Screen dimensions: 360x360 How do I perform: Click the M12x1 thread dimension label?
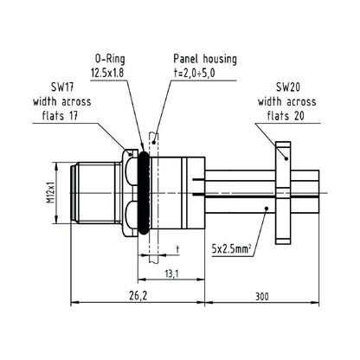(51, 192)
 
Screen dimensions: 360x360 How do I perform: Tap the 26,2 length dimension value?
(138, 296)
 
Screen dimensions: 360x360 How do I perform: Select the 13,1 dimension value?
(171, 273)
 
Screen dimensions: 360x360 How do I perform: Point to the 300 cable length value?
(261, 296)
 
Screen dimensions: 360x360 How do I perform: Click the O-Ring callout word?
(110, 59)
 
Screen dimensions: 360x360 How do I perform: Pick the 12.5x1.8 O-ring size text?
(107, 73)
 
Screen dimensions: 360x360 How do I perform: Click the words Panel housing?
(205, 59)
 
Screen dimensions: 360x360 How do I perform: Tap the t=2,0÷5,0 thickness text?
(194, 73)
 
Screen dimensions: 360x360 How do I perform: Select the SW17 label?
(62, 87)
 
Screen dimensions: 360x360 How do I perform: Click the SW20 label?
(288, 87)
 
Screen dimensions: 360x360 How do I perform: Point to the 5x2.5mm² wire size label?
(231, 248)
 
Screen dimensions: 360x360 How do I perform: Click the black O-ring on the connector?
(144, 193)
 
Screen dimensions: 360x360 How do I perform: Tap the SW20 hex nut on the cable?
(283, 193)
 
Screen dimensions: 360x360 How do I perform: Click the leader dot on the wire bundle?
(267, 209)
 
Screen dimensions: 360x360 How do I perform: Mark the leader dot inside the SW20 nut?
(286, 158)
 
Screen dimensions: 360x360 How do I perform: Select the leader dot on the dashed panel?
(154, 142)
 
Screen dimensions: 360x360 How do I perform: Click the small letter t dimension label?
(177, 249)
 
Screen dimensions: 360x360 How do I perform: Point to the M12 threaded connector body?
(96, 193)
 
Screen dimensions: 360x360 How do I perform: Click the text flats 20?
(286, 116)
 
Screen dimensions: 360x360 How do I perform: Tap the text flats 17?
(60, 116)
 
